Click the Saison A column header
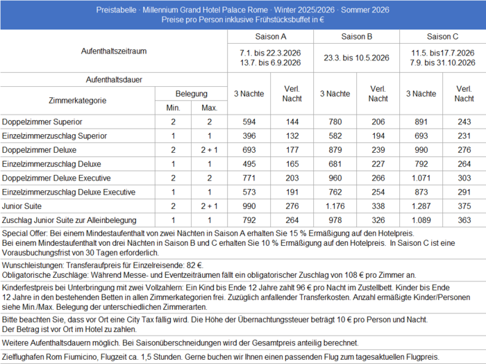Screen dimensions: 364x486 [x=270, y=36]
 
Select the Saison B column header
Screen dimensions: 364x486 [x=357, y=36]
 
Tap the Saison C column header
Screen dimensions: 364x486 [x=442, y=36]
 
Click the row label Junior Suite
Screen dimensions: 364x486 [x=23, y=206]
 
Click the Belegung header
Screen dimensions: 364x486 [x=190, y=93]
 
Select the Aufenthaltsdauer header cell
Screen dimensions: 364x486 [x=114, y=80]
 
